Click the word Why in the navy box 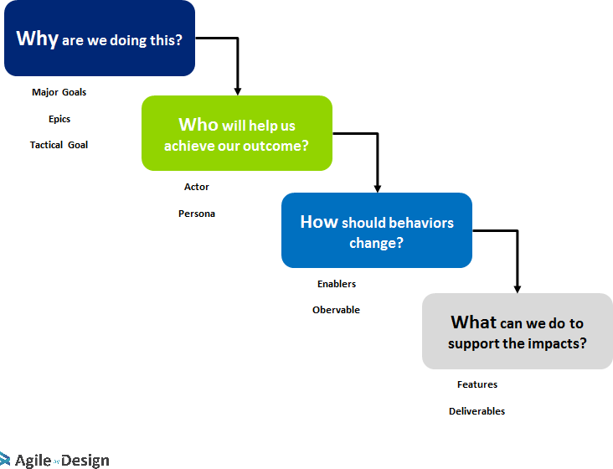[37, 39]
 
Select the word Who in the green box [198, 125]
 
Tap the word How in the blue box [319, 222]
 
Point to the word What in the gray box [473, 322]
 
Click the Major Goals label [59, 92]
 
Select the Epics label [59, 119]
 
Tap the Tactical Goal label [59, 145]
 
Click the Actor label [197, 187]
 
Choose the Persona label [197, 214]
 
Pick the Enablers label [337, 284]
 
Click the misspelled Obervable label [336, 310]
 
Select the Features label [477, 384]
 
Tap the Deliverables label [476, 411]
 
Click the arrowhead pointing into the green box [238, 90]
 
